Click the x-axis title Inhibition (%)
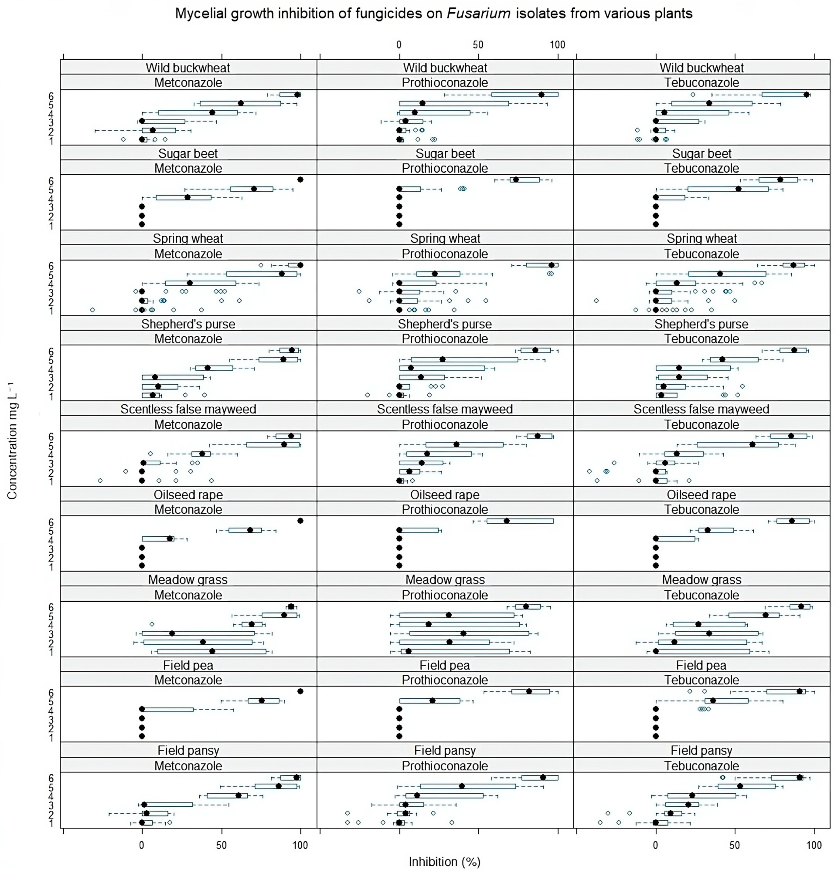(444, 861)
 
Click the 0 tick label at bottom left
(142, 845)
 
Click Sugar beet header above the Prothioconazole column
(445, 153)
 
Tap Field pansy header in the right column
(701, 750)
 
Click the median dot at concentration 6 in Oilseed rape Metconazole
(300, 521)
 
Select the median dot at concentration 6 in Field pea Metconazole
(300, 691)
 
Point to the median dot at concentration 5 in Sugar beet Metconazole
(254, 189)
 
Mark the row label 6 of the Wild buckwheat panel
(51, 96)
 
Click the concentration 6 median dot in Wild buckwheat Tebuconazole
(806, 94)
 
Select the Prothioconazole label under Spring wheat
(445, 254)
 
